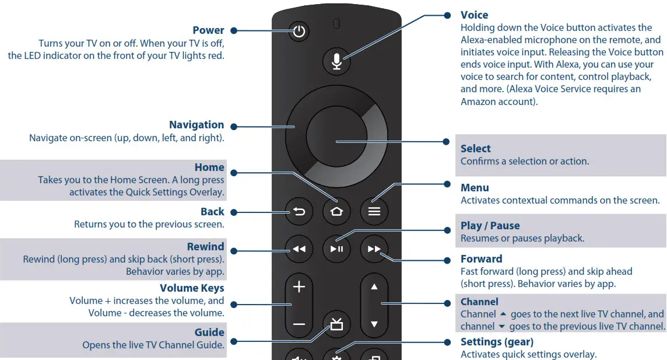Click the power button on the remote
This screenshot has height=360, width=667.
click(299, 32)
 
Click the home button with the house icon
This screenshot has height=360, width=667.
click(336, 212)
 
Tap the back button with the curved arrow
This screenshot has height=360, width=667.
click(299, 212)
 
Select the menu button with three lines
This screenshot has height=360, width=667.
click(374, 212)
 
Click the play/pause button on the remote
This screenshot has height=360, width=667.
click(336, 249)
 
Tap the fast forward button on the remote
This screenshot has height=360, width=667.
click(374, 249)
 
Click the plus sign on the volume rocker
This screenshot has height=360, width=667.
click(299, 287)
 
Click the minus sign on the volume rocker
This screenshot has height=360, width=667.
click(299, 324)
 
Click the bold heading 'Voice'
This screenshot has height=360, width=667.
click(474, 15)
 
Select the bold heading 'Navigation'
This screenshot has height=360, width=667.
click(196, 125)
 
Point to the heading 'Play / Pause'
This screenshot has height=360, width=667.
click(490, 226)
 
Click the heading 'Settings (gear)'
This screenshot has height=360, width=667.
click(497, 342)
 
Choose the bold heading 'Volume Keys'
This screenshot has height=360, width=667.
click(192, 288)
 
